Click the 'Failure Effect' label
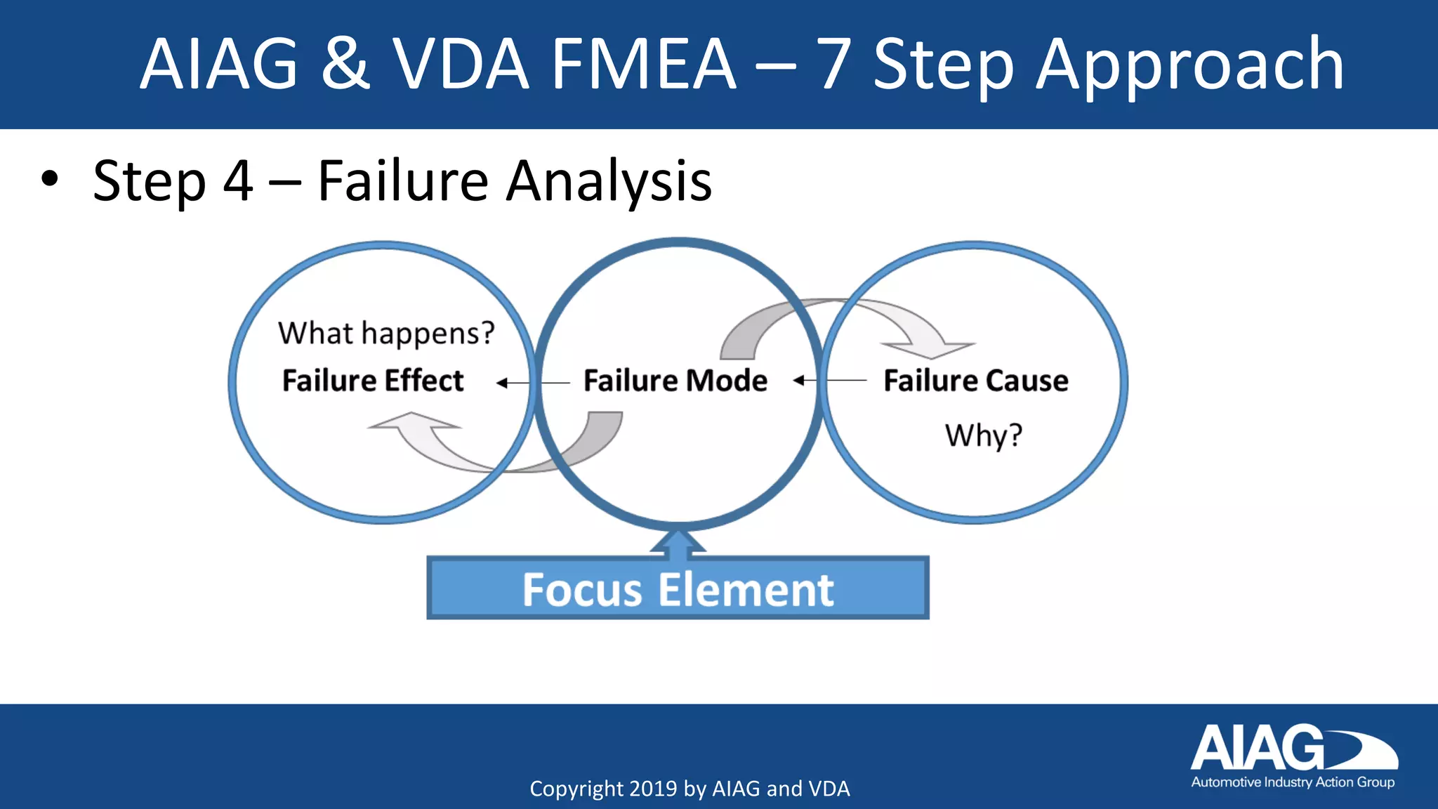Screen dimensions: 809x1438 373,381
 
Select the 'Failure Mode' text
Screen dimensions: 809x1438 675,381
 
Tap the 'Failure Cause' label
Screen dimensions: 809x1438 975,381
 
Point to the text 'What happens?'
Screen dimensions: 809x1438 386,333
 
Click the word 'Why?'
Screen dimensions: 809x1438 983,435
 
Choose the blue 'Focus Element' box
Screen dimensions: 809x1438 678,588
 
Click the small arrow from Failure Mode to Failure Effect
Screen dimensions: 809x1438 532,383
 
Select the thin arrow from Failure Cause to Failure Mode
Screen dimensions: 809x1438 829,381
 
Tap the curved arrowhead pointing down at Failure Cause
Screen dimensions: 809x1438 928,348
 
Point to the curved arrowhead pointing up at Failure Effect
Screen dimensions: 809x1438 414,422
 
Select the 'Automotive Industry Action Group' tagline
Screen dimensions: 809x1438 1293,782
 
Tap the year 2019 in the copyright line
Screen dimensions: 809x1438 653,789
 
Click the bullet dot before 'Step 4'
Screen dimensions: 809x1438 49,179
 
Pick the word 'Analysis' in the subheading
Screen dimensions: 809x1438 609,181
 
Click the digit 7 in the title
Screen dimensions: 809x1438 834,65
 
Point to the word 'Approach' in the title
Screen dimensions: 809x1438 1189,65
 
